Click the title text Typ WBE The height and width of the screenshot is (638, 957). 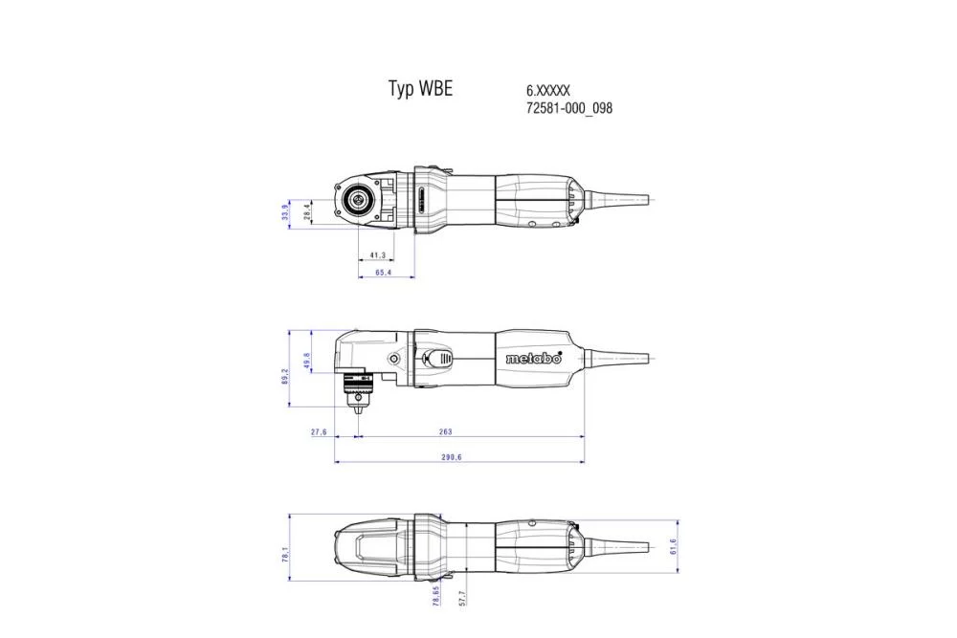[x=419, y=89]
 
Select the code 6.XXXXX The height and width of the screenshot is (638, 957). [x=548, y=90]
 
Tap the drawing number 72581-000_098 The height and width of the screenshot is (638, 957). [x=568, y=108]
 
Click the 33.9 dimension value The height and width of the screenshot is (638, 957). [x=285, y=210]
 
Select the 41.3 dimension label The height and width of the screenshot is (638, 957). [x=376, y=255]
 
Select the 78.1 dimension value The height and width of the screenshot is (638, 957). [x=285, y=553]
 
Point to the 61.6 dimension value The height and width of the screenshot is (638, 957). [x=673, y=546]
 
